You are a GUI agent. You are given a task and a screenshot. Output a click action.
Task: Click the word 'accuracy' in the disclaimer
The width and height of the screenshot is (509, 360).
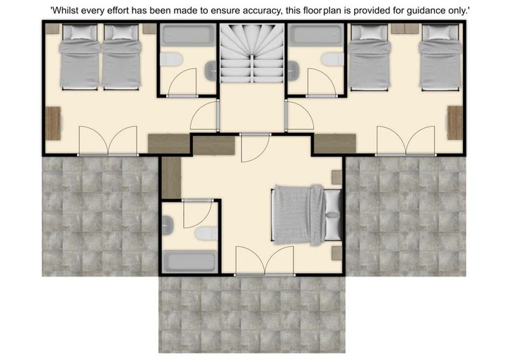coord(262,11)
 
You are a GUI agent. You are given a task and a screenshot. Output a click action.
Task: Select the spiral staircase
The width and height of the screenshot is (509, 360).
coord(252,53)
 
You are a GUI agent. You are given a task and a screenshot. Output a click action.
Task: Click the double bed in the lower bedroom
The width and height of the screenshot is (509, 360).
coord(306,215)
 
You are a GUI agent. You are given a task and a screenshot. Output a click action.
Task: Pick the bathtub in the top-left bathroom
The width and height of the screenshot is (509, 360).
coord(188,35)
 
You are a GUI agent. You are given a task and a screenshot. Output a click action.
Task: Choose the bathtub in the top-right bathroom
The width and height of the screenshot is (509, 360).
coord(317,35)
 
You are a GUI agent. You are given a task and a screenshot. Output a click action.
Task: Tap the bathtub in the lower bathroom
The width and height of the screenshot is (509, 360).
coord(189,261)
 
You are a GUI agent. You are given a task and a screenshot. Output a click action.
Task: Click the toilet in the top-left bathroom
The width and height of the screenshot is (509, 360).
coord(171,59)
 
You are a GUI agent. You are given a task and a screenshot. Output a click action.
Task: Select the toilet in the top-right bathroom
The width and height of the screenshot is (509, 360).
coord(333,59)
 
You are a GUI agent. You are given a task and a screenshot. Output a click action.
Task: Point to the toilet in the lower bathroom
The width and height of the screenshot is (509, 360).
coord(206,233)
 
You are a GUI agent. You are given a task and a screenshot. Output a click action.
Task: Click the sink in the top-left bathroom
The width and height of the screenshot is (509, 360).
coord(211,71)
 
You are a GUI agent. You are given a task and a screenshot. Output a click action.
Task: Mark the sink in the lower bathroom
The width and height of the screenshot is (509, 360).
coord(167,225)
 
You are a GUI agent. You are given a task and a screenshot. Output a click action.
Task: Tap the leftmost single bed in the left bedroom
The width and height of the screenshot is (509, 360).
coord(79,57)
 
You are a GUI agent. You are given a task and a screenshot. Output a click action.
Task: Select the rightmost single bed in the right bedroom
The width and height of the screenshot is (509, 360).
coord(441,57)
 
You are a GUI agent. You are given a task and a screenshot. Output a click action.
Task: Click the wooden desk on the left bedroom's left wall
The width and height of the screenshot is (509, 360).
coord(53,123)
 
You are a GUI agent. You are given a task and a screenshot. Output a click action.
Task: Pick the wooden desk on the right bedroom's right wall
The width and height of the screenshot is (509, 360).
coord(455,123)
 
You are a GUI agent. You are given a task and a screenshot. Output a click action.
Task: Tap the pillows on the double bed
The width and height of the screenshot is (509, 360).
coord(332,215)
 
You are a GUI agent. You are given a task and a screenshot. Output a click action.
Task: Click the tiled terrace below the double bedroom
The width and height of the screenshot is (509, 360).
coord(252,315)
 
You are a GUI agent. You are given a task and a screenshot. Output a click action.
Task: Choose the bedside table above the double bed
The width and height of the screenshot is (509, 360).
coord(337,178)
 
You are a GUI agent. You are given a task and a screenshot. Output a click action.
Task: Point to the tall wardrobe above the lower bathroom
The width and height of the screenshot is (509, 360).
coord(171,178)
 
